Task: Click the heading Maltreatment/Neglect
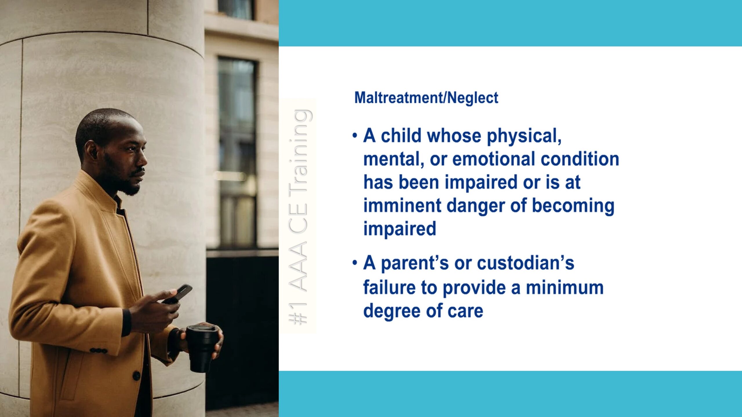point(426,98)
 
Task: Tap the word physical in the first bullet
point(524,136)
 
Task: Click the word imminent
point(402,205)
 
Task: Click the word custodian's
point(525,263)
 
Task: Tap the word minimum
point(565,288)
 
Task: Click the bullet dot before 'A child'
point(355,135)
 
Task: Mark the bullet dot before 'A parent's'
point(355,263)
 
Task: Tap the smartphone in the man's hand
point(177,294)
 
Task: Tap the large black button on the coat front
point(136,376)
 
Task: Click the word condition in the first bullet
point(580,159)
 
